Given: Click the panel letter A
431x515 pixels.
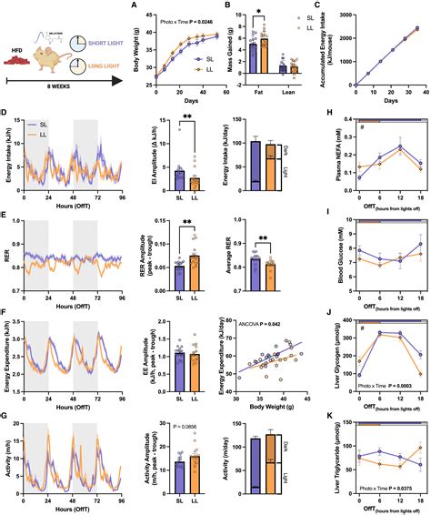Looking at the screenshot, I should click(135, 5).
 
